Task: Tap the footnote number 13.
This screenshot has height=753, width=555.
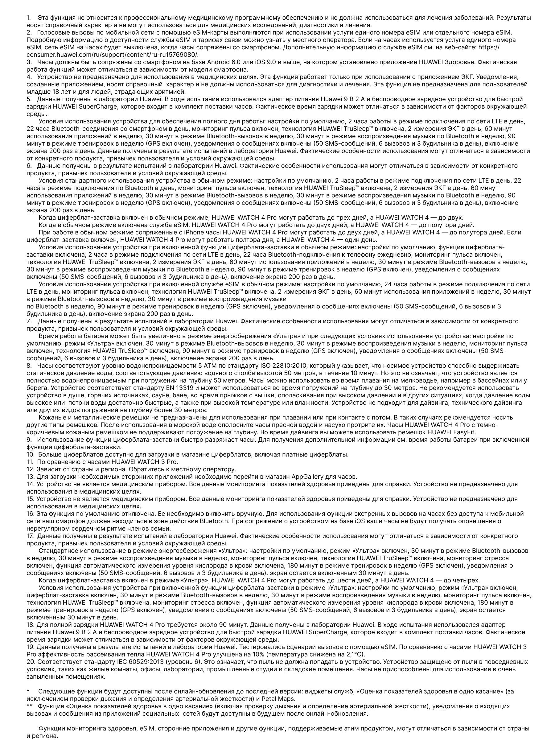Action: click(x=30, y=476)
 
